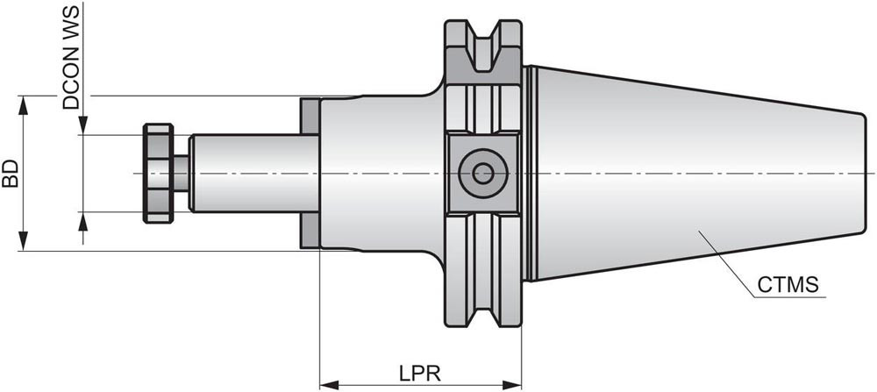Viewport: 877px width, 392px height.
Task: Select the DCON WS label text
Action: click(x=71, y=57)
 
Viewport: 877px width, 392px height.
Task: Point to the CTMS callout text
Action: click(x=788, y=285)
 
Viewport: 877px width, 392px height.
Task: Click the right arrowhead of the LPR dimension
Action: click(x=514, y=384)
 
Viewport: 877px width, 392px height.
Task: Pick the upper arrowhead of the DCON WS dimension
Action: click(x=82, y=128)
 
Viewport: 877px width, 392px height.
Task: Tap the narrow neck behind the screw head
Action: click(x=182, y=173)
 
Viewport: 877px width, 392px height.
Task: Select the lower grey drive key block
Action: click(x=309, y=230)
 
